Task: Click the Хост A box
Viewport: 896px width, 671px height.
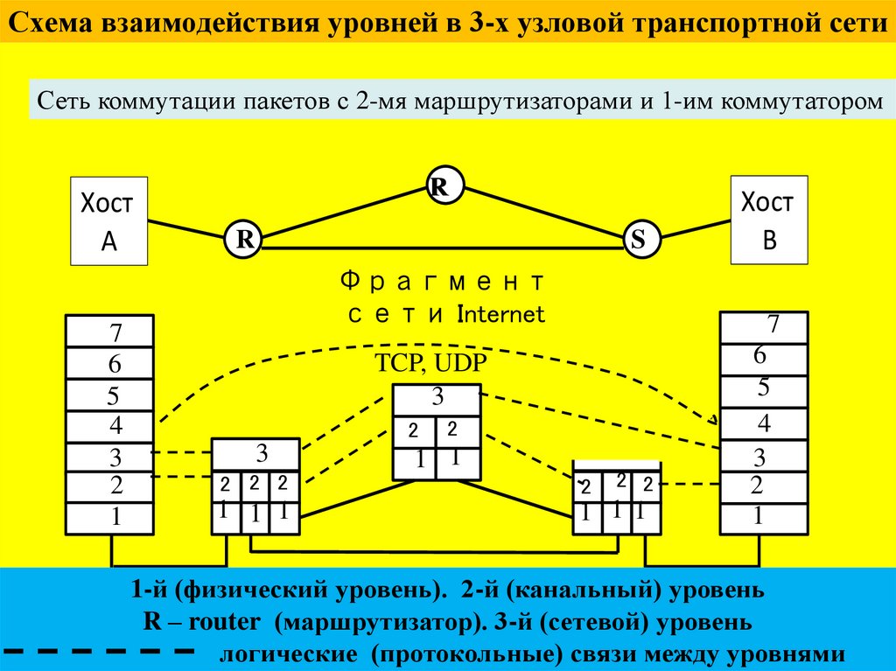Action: point(109,220)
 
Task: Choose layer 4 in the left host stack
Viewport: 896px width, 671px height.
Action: point(110,427)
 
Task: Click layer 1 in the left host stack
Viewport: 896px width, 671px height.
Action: point(110,518)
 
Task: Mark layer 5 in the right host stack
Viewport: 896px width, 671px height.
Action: point(763,387)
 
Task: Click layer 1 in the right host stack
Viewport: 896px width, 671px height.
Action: point(763,517)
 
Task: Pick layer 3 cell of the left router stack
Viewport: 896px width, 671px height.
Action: point(257,454)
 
